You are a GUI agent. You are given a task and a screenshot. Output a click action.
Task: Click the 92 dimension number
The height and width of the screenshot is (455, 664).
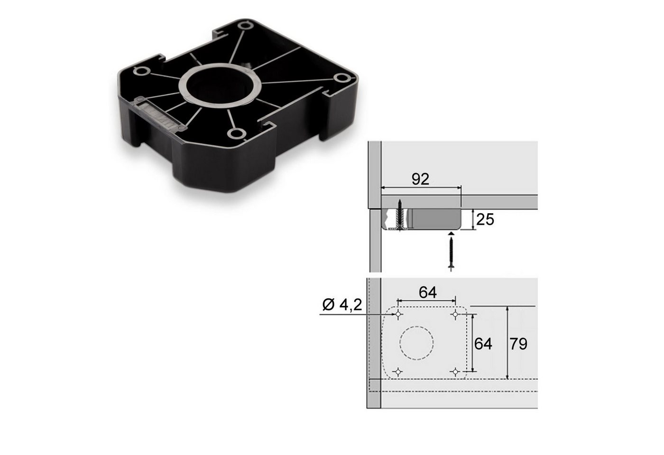click(x=420, y=179)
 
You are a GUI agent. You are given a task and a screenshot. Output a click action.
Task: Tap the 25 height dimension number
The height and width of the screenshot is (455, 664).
click(x=485, y=220)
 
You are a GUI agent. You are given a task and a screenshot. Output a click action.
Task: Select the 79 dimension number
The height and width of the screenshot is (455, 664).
click(x=518, y=344)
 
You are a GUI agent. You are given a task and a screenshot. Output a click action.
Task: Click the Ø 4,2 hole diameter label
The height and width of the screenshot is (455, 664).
click(x=342, y=305)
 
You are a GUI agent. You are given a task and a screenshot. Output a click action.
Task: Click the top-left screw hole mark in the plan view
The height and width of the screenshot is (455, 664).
click(x=398, y=314)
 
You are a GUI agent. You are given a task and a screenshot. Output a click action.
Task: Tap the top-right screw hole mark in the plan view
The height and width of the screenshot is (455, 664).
click(x=455, y=314)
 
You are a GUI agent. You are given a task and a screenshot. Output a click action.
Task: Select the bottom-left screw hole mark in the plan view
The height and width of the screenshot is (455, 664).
click(x=398, y=371)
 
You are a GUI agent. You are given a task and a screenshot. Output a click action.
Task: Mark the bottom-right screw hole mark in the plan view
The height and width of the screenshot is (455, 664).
click(x=455, y=371)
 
